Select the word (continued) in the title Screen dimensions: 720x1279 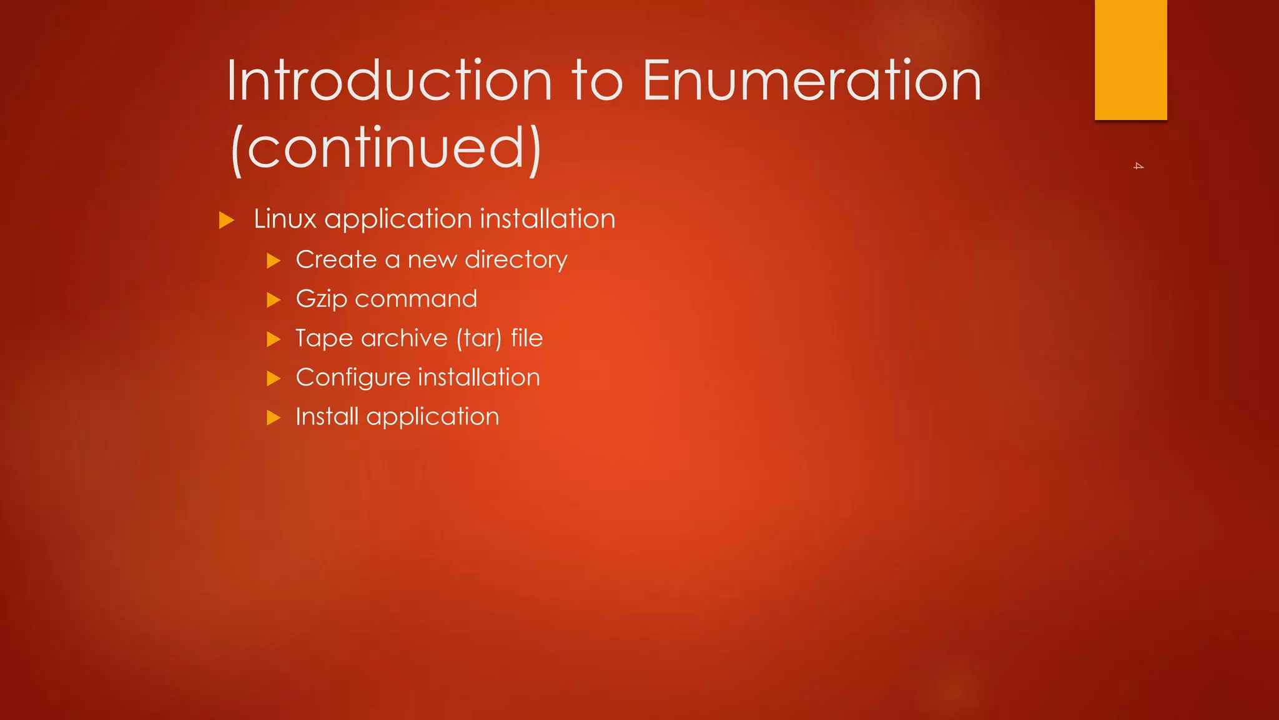pyautogui.click(x=385, y=148)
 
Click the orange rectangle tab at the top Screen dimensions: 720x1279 pyautogui.click(x=1130, y=59)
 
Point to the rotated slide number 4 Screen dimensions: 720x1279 pyautogui.click(x=1138, y=166)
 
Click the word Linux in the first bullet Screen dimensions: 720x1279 pyautogui.click(x=285, y=219)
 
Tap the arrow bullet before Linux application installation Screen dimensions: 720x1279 pyautogui.click(x=227, y=220)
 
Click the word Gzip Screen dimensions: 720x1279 pyautogui.click(x=321, y=299)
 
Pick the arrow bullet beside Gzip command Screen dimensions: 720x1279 pyautogui.click(x=274, y=300)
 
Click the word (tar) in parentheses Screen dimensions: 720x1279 pyautogui.click(x=478, y=338)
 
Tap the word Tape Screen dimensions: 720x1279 pyautogui.click(x=324, y=339)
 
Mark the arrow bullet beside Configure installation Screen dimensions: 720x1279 pyautogui.click(x=274, y=379)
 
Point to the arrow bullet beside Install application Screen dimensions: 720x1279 pyautogui.click(x=274, y=417)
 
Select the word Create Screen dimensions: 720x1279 pyautogui.click(x=336, y=259)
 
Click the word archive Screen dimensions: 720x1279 pyautogui.click(x=404, y=338)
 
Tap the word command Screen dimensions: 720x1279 pyautogui.click(x=416, y=299)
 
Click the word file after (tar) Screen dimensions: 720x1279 pyautogui.click(x=526, y=338)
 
